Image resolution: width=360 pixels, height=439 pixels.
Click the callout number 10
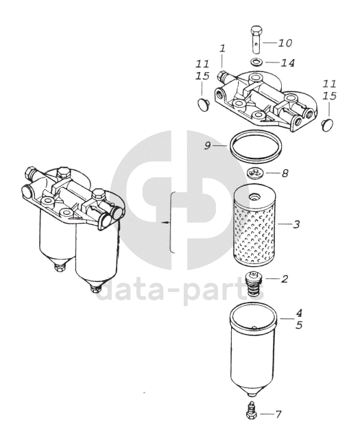285,43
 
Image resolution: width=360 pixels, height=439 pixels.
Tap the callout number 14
288,63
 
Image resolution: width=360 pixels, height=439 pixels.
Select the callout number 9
208,145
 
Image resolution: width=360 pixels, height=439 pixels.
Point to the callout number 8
285,174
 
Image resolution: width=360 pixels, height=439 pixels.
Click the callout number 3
296,224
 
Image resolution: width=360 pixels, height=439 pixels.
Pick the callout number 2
285,279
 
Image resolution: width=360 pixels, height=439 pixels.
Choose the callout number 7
278,414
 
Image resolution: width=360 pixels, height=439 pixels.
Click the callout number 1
223,49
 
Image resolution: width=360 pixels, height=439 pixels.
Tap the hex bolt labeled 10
256,39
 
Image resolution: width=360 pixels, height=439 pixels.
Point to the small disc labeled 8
255,173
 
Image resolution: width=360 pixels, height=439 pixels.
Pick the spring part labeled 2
254,285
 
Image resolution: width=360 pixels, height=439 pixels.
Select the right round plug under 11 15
328,124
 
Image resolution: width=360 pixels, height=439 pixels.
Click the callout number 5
299,325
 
